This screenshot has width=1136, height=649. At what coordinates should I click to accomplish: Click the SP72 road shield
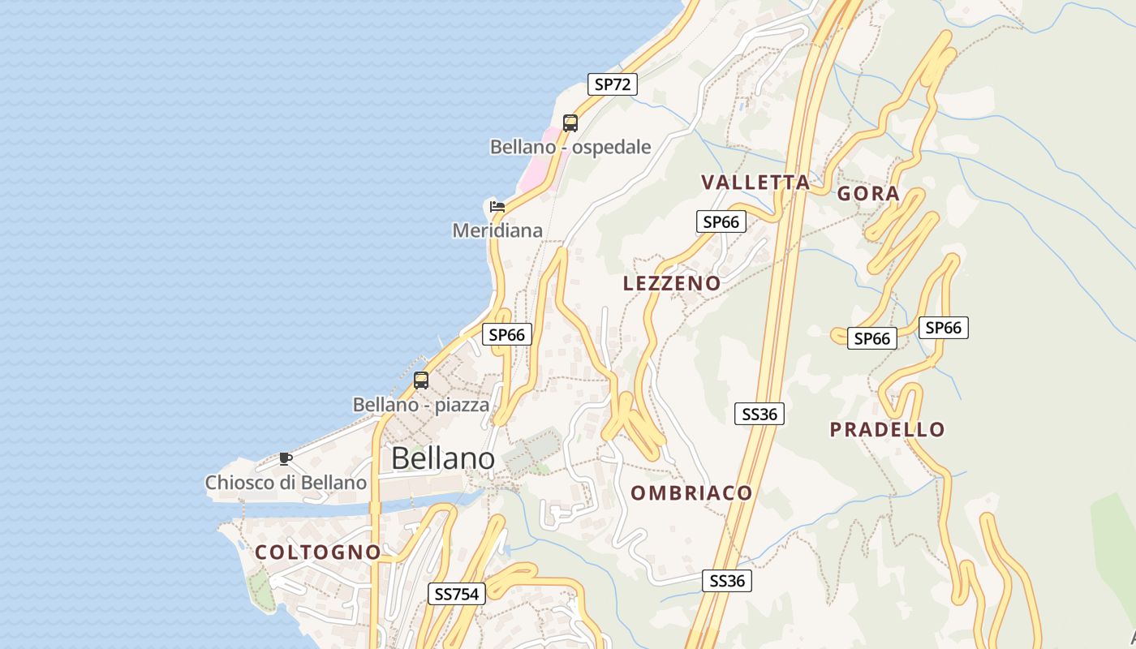click(613, 84)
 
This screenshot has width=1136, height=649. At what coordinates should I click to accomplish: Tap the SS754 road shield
click(457, 594)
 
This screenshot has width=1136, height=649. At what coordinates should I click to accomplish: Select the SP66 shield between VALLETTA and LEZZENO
click(721, 221)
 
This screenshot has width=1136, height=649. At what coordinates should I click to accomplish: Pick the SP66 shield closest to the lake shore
click(507, 333)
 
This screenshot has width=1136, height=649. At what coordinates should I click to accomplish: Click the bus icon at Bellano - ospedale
click(570, 123)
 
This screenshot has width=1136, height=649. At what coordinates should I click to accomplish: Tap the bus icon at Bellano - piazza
click(421, 380)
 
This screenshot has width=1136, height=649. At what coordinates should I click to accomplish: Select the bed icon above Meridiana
click(497, 206)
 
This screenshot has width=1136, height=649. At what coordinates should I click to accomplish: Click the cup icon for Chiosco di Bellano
click(285, 458)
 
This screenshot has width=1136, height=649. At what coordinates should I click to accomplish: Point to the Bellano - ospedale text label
click(570, 147)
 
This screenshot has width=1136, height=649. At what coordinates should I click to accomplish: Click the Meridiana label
click(497, 230)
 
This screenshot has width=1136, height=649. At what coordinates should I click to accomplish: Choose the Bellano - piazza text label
click(421, 404)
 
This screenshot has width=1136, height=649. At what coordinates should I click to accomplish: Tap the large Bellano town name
click(442, 458)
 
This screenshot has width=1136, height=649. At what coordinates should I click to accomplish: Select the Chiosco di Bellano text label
click(286, 483)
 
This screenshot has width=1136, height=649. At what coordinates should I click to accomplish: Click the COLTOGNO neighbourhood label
click(318, 552)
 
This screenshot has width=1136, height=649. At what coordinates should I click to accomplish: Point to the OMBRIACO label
click(691, 492)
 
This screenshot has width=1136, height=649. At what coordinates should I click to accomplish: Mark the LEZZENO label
click(672, 283)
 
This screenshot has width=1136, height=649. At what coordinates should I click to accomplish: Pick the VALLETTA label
click(755, 182)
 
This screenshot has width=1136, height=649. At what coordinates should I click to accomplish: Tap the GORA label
click(868, 193)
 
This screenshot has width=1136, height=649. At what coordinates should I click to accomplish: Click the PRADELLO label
click(888, 429)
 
